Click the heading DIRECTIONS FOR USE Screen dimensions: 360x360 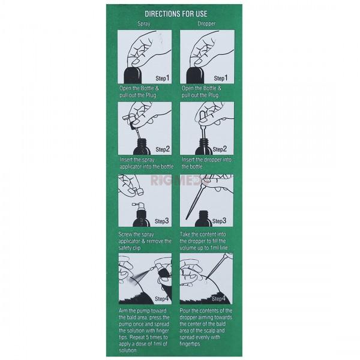176,14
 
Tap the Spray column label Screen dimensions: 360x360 144,23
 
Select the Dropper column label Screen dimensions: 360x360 206,23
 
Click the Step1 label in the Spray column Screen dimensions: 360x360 163,78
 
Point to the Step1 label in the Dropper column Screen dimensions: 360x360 221,78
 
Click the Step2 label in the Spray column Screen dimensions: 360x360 163,149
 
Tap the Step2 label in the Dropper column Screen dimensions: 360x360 220,149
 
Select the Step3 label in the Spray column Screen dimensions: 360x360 161,221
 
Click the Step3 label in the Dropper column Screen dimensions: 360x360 219,221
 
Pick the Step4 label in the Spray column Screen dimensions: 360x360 161,299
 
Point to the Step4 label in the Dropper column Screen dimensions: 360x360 218,299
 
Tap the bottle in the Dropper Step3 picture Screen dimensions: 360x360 203,219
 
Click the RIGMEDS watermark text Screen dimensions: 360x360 180,181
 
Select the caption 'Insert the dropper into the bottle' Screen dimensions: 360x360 206,163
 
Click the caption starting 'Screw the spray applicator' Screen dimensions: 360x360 145,241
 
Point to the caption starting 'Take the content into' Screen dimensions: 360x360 203,241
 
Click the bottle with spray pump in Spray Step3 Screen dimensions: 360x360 141,215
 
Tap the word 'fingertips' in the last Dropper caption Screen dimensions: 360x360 190,344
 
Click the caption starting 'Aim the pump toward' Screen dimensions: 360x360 144,331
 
